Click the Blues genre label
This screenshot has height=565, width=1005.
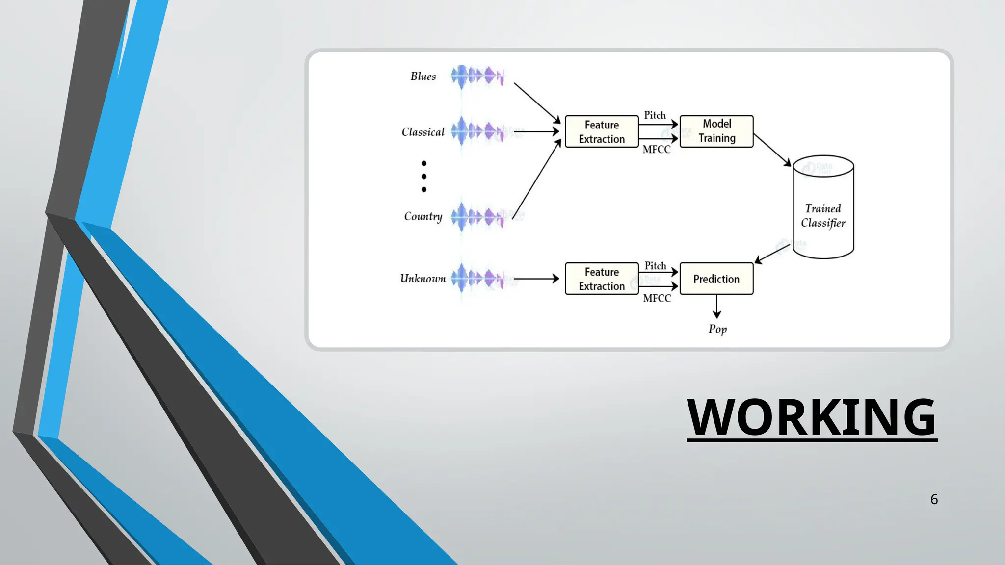423,76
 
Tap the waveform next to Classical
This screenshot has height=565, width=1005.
477,131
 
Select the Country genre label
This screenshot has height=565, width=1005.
423,216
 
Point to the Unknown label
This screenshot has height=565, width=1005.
423,279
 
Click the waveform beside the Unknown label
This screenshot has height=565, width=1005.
477,279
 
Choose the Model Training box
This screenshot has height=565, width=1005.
716,131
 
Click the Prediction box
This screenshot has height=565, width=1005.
716,279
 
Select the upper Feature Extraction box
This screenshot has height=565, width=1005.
602,131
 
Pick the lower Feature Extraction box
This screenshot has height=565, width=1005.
602,279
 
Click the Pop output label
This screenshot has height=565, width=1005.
717,329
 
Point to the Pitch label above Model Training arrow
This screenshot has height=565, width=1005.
655,115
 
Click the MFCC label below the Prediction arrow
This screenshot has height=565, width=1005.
657,298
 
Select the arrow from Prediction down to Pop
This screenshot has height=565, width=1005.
717,307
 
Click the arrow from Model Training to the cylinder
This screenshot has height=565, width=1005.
772,150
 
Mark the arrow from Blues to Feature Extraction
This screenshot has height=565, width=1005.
537,103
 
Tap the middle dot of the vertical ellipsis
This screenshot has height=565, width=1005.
424,177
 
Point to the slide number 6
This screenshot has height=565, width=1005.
934,499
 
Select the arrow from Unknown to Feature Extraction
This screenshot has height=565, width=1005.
536,279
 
